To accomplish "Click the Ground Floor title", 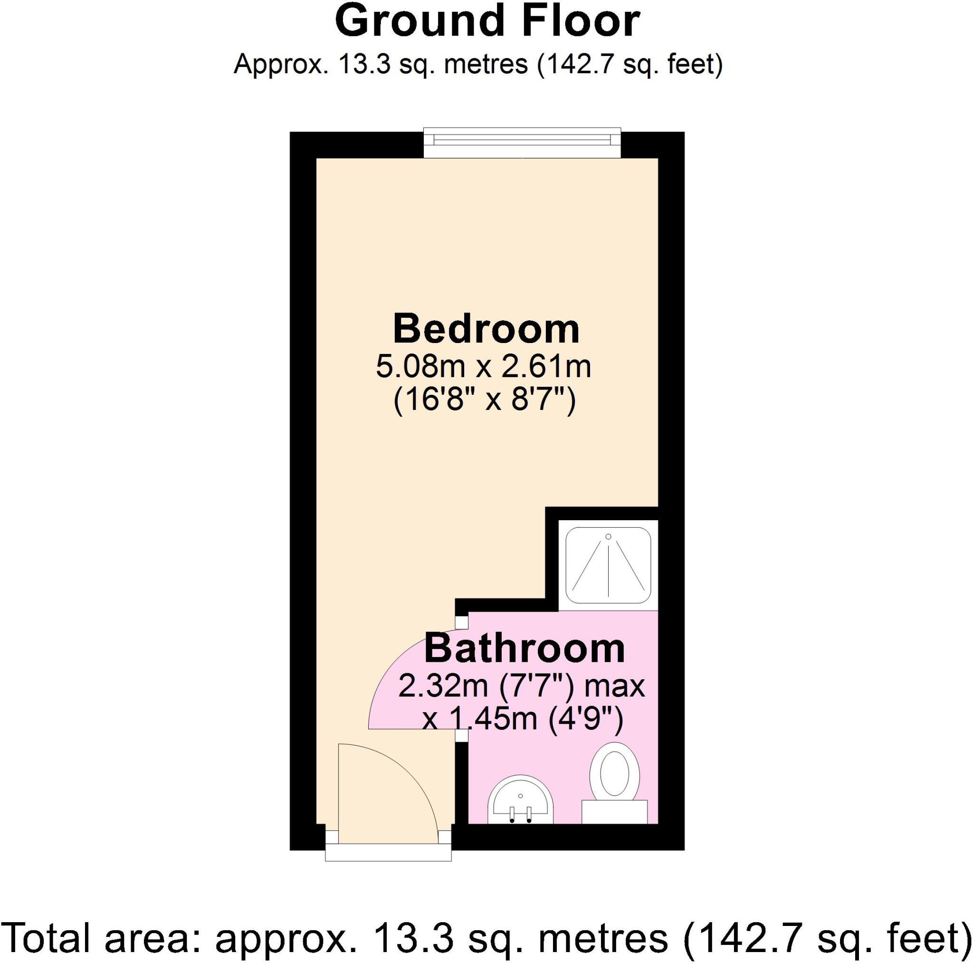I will point(487,22).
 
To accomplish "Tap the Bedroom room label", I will point(486,329).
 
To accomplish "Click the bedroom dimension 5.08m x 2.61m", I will point(484,367).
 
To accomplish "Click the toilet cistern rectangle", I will point(614,811).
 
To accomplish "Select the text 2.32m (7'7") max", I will point(521,686).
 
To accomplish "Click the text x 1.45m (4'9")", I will point(522,719).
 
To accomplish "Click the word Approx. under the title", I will point(280,65).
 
